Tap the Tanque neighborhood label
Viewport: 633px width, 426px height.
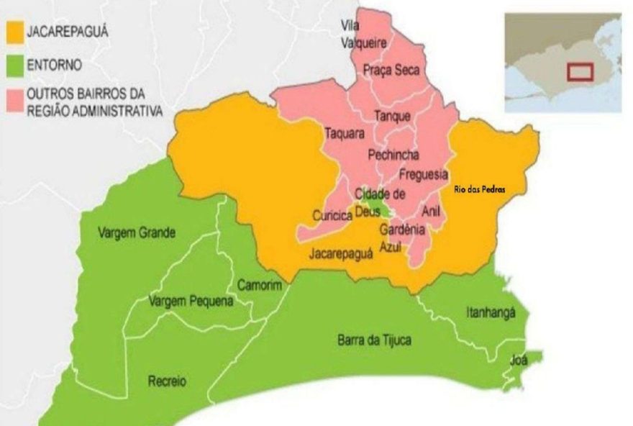tap(393, 116)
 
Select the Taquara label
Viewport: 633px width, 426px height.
tap(345, 133)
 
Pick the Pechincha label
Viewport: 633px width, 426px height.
tap(393, 154)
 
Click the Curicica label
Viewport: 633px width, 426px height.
tap(332, 216)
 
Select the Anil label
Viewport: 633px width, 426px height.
tap(431, 211)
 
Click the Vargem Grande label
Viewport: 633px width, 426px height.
tap(137, 232)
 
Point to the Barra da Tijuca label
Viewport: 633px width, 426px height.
tap(374, 340)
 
